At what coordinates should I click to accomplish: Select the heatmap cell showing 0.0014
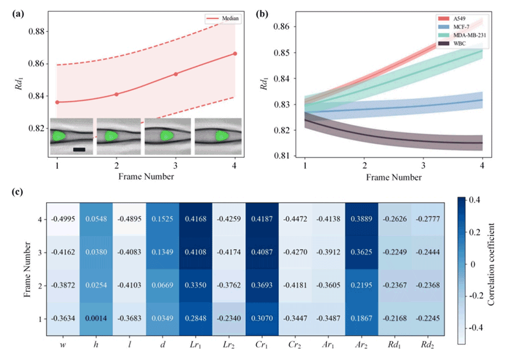(96, 319)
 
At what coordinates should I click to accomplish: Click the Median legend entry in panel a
(226, 18)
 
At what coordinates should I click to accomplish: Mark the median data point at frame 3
(176, 74)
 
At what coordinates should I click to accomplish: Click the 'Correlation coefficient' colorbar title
(492, 266)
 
